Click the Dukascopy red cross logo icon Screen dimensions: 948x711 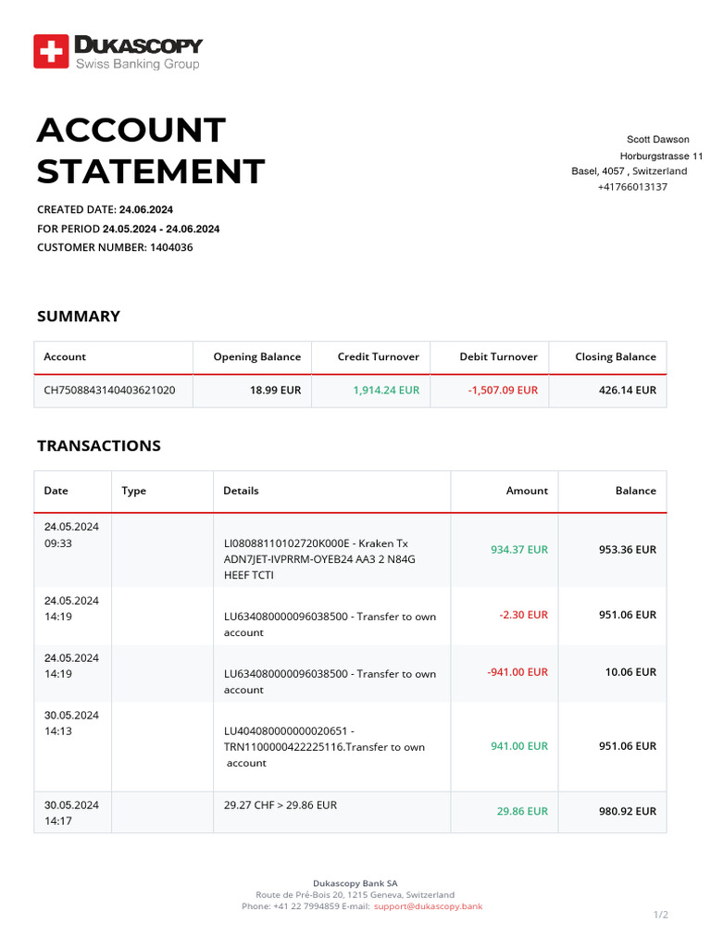51,51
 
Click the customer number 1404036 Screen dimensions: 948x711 171,247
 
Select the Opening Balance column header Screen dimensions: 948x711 256,356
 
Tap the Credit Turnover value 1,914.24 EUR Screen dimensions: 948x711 385,390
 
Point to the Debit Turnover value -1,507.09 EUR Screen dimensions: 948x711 502,390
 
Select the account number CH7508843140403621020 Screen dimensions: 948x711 109,390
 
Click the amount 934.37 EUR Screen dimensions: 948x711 518,549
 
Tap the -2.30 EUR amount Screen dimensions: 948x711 523,615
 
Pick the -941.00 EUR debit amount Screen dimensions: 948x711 517,672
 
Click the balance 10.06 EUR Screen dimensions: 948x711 630,672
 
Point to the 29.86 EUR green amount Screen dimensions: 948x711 521,811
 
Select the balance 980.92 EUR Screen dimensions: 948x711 627,811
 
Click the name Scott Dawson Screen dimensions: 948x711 657,139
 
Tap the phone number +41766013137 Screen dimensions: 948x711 632,187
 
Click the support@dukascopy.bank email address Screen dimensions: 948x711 428,906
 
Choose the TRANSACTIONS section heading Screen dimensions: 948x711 98,445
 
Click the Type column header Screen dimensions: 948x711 133,491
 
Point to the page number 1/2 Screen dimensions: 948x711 660,915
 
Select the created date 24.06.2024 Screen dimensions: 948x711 146,209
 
